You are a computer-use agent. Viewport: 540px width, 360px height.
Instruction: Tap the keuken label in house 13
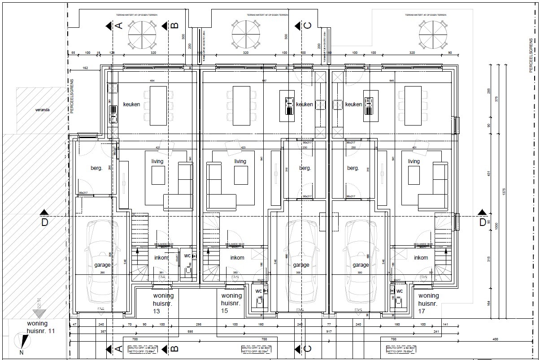click(x=131, y=104)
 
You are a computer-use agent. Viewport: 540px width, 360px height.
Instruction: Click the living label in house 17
click(x=414, y=161)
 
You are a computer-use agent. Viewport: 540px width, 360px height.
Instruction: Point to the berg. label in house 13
click(x=96, y=168)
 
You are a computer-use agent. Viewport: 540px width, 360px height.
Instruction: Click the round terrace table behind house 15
click(x=246, y=36)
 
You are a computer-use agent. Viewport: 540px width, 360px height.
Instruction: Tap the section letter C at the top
click(x=307, y=26)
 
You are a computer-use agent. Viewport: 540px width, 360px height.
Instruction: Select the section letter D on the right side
click(x=482, y=222)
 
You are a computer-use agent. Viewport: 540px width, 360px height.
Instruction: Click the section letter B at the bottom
click(x=175, y=349)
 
